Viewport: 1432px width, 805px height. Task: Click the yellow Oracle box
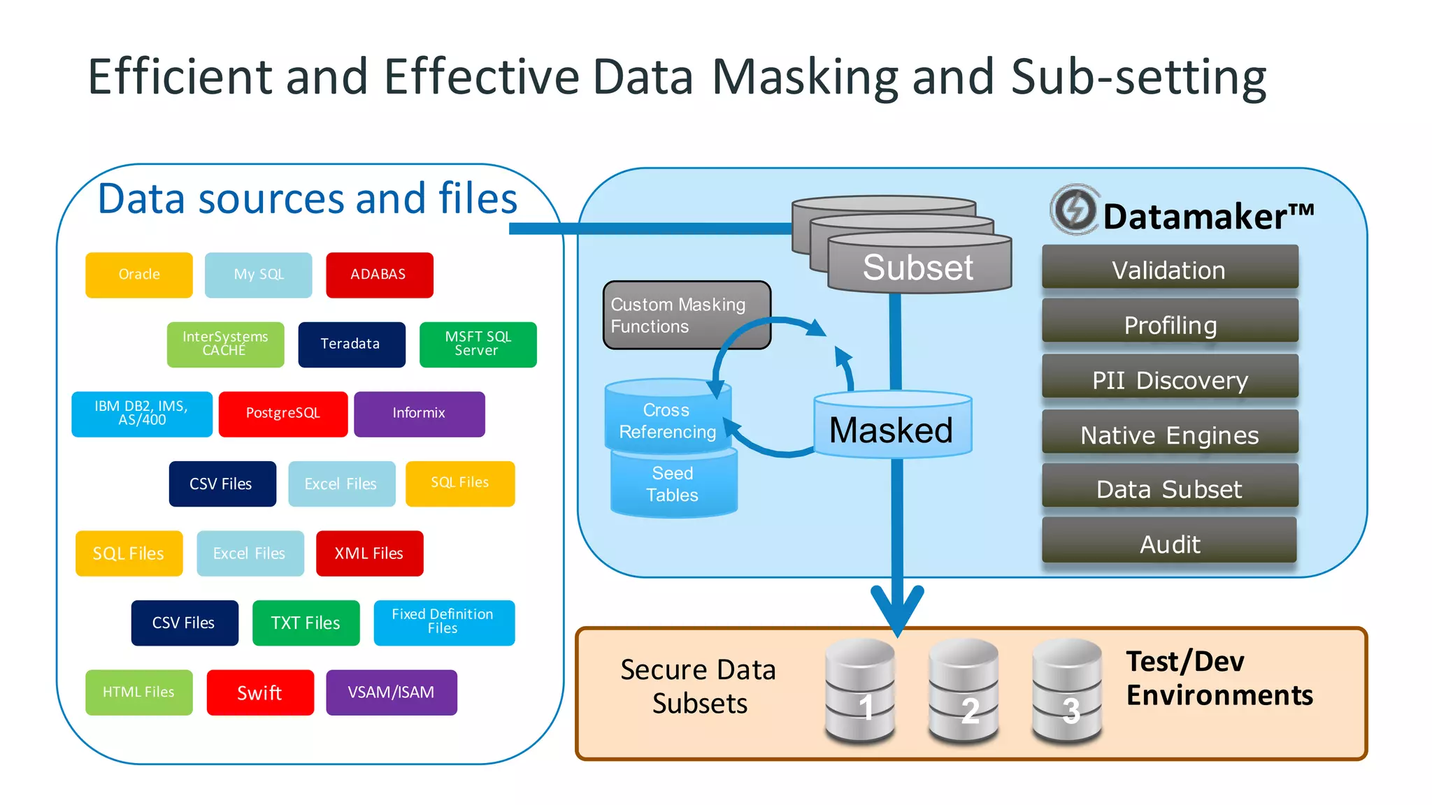138,275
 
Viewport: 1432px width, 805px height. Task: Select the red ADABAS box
379,275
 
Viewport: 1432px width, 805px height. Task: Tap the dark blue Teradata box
351,344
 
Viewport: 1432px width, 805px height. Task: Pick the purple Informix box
419,414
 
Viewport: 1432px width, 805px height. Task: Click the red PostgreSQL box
282,414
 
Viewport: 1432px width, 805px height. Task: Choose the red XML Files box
369,553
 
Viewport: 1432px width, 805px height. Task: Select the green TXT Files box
306,623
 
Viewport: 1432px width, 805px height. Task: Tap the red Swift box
259,692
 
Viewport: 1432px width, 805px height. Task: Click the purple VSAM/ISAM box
391,692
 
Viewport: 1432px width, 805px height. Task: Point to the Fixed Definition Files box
443,622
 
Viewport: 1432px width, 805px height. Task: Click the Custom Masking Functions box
686,315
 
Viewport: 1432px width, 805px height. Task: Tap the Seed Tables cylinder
673,484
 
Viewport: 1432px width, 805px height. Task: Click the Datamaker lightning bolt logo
1074,209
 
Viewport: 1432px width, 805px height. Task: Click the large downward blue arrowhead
897,608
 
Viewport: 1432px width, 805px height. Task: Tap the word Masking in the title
804,77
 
